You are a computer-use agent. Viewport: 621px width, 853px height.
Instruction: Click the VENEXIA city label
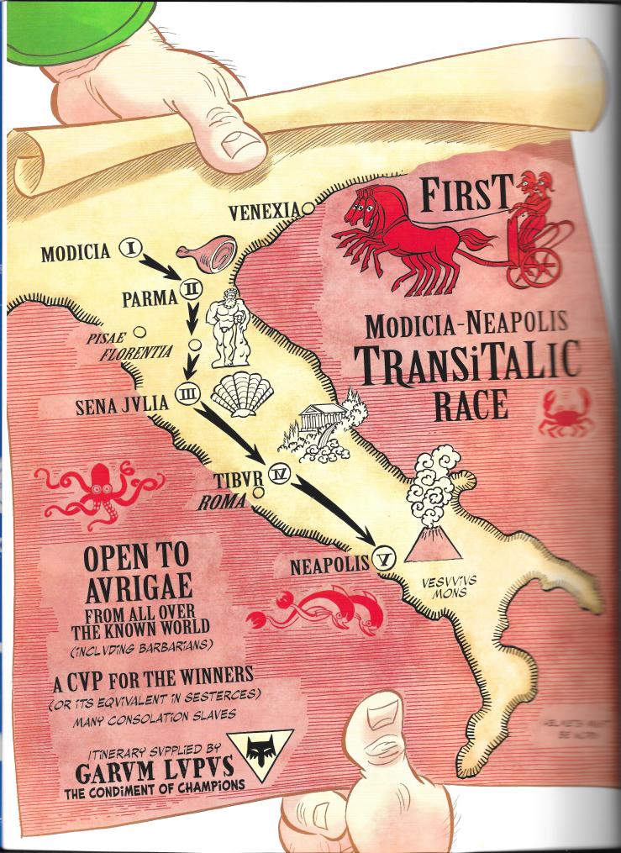pos(264,213)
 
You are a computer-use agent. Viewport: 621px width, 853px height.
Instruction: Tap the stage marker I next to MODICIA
pos(130,247)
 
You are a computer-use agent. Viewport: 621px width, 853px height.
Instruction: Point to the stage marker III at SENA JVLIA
pos(187,392)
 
